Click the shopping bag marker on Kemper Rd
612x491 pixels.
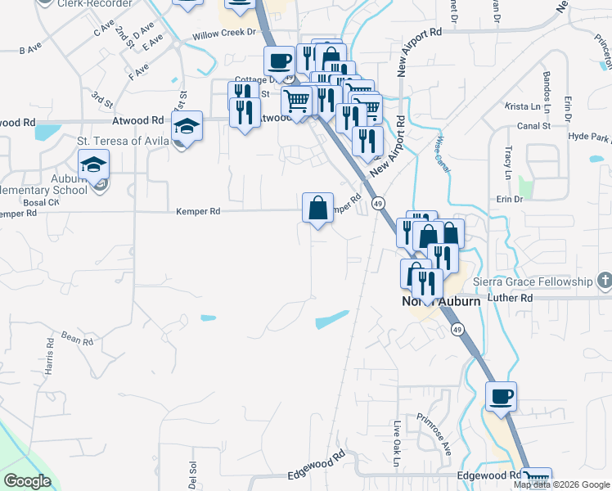pos(317,207)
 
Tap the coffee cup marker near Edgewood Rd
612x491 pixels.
pos(502,396)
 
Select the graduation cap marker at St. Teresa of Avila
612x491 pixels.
pos(187,126)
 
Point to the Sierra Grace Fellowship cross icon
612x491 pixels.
pos(604,282)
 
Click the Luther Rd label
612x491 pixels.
pos(509,298)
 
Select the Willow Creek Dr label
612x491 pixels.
pos(224,35)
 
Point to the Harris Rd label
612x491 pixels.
pos(49,360)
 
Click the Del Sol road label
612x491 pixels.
pos(193,475)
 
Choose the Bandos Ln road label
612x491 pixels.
pos(547,87)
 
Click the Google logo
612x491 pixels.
pos(27,481)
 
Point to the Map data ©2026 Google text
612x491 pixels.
pos(561,484)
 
